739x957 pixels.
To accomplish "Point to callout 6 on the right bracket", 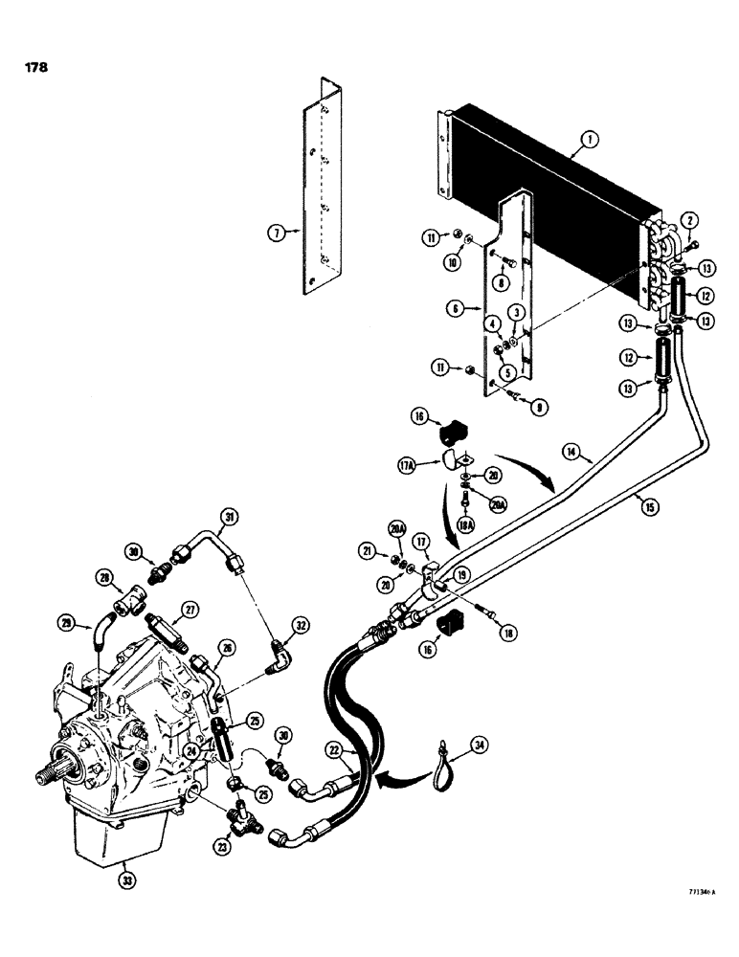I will [x=456, y=310].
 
